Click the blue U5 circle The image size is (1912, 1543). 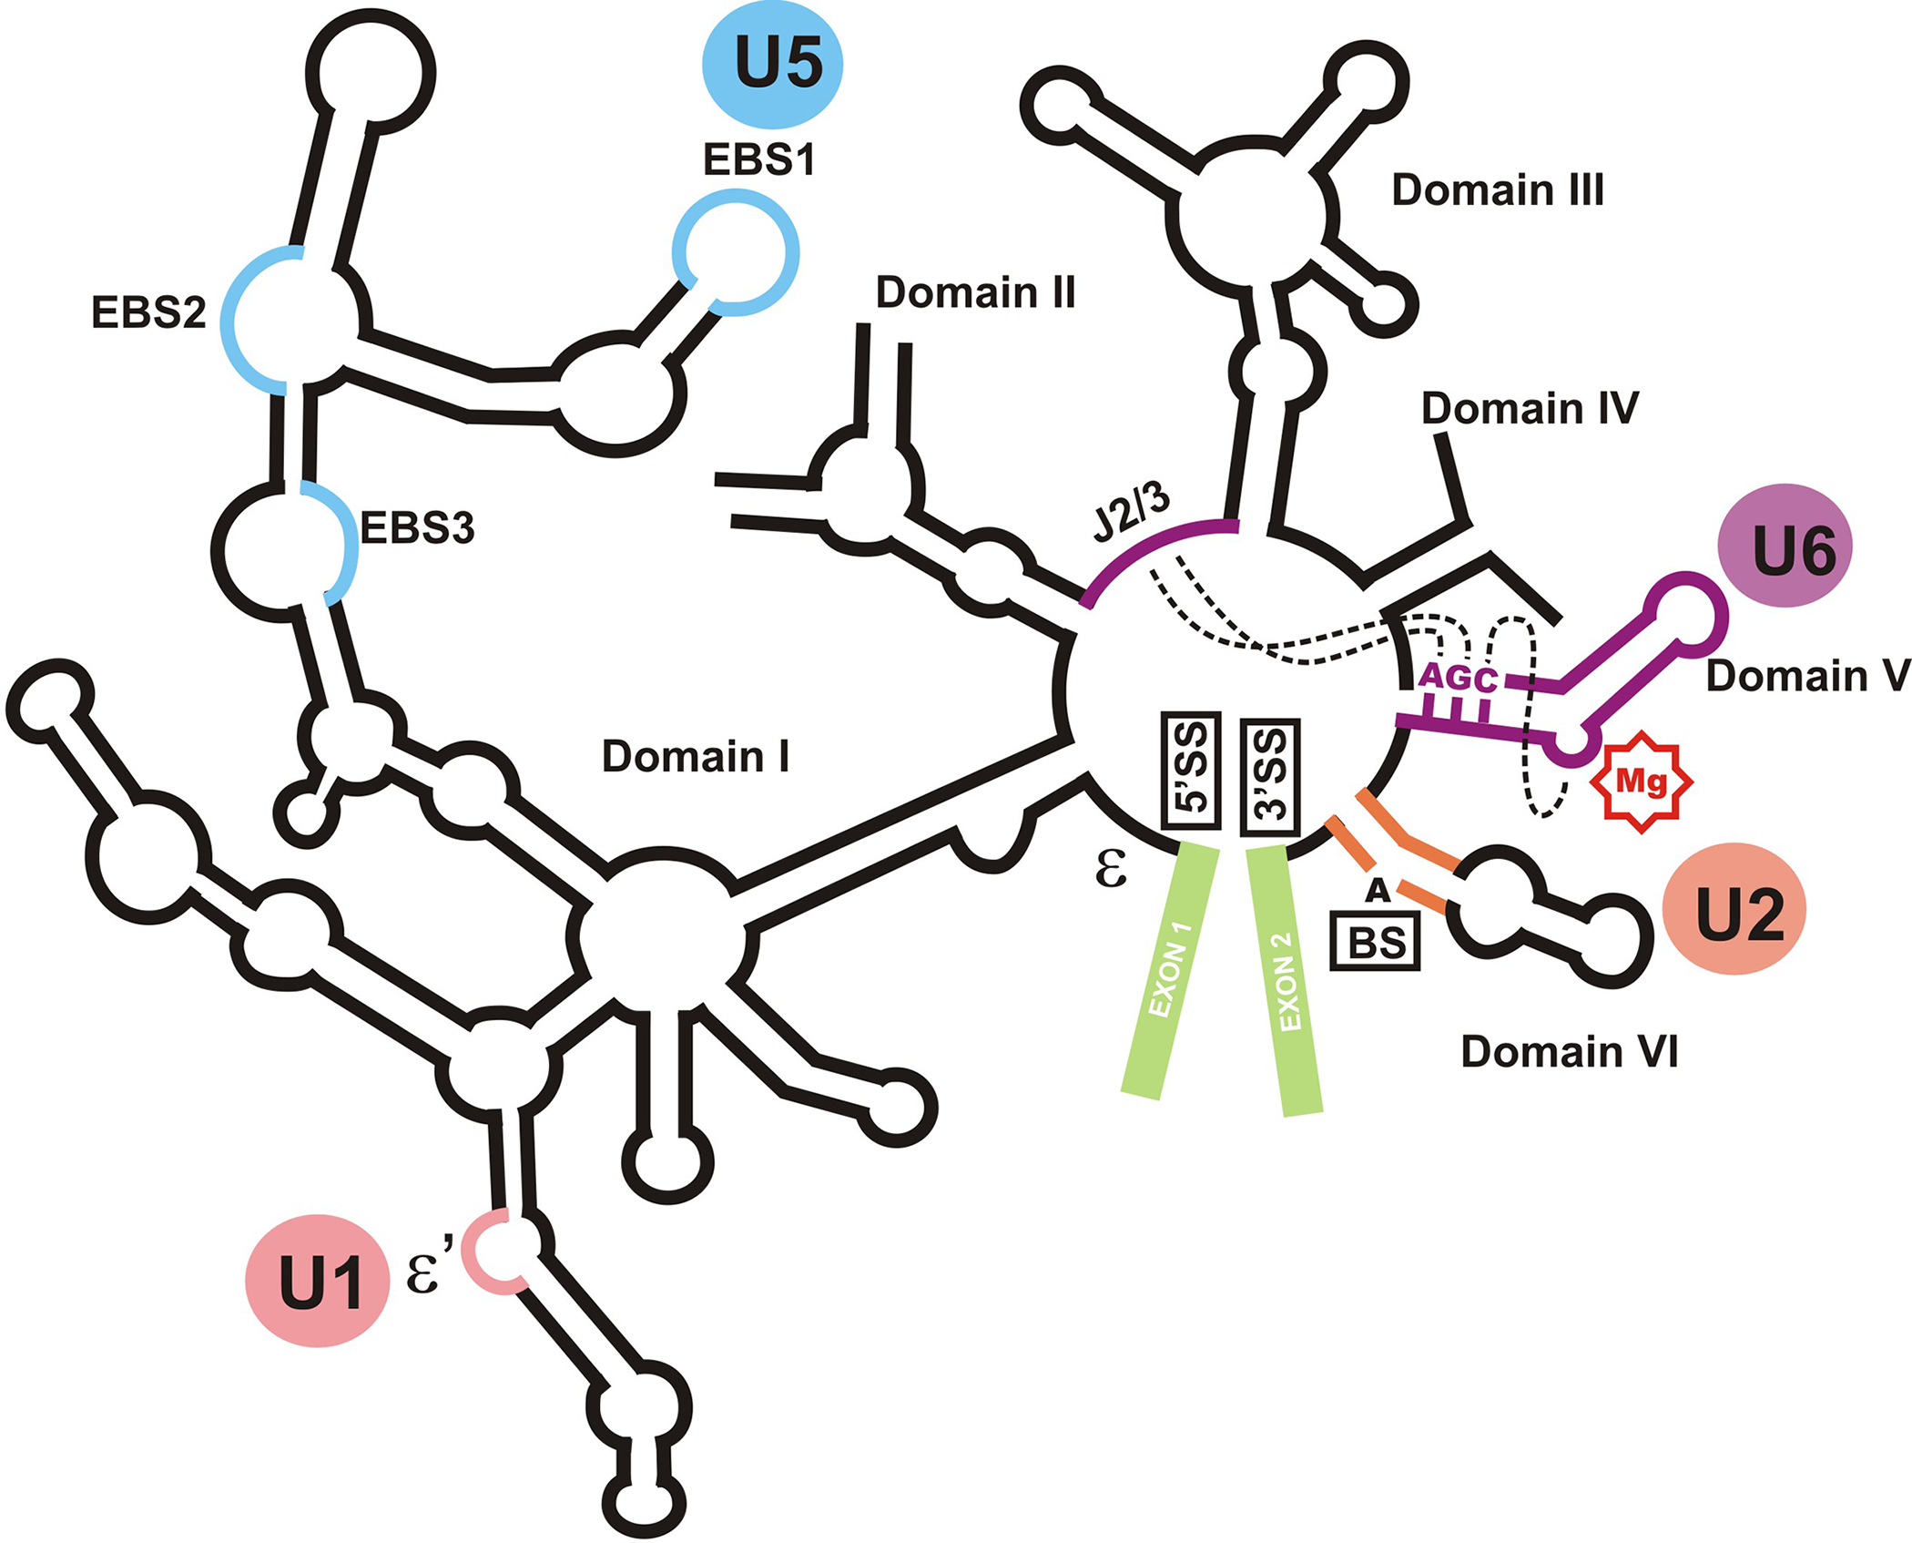(772, 65)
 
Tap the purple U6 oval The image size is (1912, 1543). (1785, 546)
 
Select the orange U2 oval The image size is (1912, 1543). (1734, 909)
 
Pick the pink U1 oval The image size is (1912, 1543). (318, 1281)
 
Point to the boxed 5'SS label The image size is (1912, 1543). (1191, 770)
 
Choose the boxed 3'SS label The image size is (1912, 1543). (1270, 777)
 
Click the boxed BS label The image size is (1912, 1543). (1375, 942)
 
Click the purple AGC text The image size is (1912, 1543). (1458, 677)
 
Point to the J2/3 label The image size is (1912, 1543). (1131, 511)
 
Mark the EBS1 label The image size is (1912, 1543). (758, 160)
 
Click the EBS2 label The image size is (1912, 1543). (148, 312)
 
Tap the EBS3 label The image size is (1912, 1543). (417, 528)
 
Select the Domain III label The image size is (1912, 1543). (1498, 190)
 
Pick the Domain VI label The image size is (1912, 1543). (1569, 1051)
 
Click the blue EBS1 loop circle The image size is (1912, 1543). (736, 252)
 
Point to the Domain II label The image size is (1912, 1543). (975, 292)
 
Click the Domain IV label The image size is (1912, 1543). (1530, 408)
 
